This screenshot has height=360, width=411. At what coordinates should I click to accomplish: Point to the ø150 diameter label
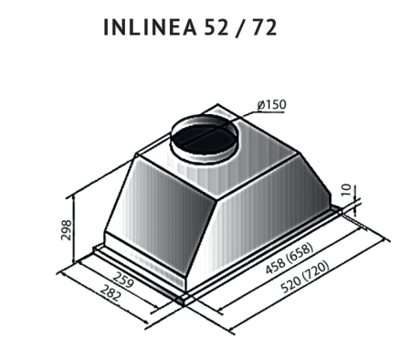pos(271,105)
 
